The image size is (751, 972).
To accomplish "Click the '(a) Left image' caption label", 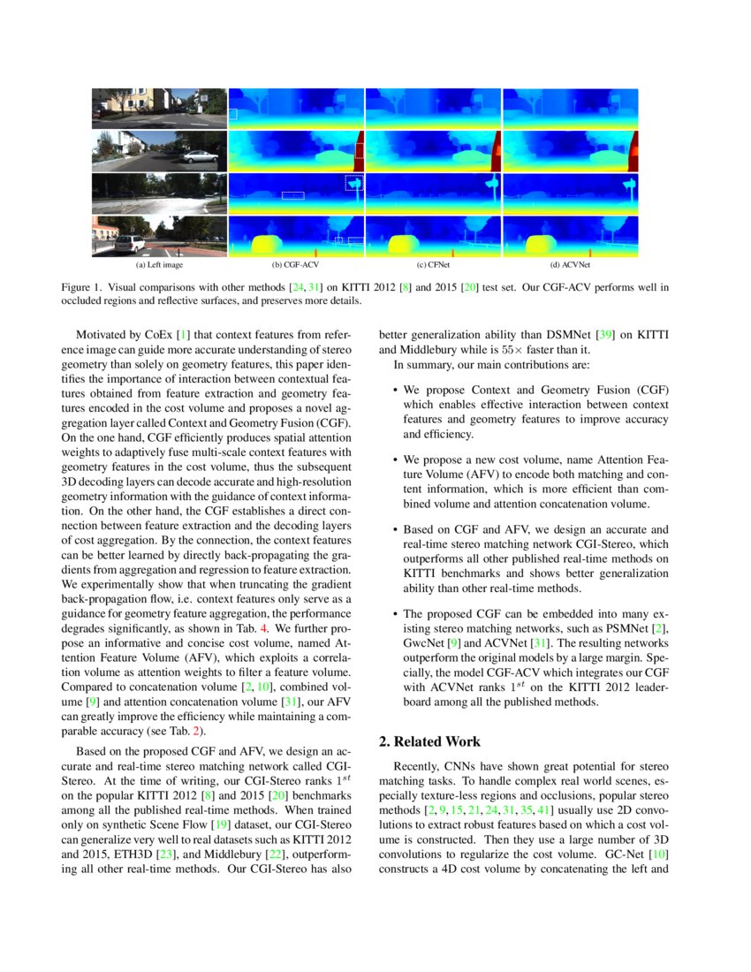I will coord(159,263).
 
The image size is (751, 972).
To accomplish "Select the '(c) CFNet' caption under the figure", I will coord(433,263).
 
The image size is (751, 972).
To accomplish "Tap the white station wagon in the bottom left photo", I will coord(129,243).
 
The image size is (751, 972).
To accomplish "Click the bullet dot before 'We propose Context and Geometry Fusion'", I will coord(394,390).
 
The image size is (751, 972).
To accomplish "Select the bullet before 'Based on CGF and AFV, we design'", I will coord(394,529).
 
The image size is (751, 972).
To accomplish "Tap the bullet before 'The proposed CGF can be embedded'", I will coord(394,612).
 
